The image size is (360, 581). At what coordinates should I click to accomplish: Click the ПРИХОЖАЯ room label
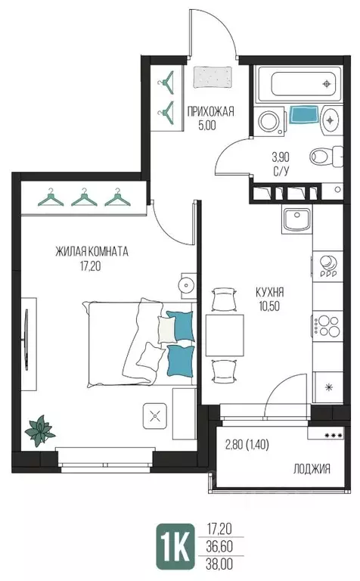click(x=210, y=111)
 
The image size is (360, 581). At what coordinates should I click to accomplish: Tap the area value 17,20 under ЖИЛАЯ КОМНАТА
click(x=90, y=266)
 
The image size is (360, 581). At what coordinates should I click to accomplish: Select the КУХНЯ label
click(x=270, y=292)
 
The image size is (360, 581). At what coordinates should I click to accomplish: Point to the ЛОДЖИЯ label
click(x=312, y=470)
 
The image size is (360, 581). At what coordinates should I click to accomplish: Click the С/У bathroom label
click(x=281, y=172)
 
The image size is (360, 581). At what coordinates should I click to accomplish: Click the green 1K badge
click(x=175, y=546)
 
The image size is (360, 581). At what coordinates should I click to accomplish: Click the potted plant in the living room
click(x=39, y=431)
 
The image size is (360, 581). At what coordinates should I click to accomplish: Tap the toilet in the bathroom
click(x=326, y=156)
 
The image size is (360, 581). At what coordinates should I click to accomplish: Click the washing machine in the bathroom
click(x=269, y=120)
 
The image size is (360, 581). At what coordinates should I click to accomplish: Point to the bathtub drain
click(x=326, y=84)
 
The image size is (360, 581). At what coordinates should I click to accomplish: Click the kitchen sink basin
click(x=296, y=219)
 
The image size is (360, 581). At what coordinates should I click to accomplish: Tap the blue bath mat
click(x=304, y=114)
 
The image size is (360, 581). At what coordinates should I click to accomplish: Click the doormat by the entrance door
click(x=213, y=77)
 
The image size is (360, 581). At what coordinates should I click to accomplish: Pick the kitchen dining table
click(x=225, y=335)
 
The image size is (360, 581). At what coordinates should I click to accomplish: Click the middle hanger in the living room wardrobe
click(x=84, y=197)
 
